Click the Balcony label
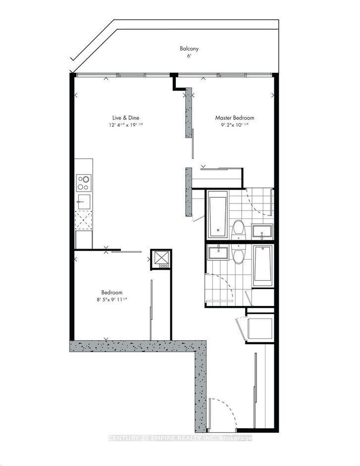click(189, 49)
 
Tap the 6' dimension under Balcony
click(189, 56)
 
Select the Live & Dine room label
click(126, 118)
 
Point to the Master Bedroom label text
click(234, 118)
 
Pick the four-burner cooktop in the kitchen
click(84, 183)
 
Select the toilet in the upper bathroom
click(238, 229)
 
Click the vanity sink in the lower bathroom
click(217, 253)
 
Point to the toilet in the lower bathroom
click(238, 255)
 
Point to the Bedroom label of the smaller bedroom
click(112, 292)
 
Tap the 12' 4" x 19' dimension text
click(126, 125)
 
